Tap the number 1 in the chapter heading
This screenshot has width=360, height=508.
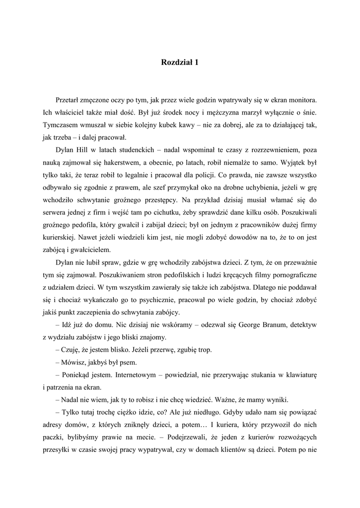[x=196, y=63]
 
